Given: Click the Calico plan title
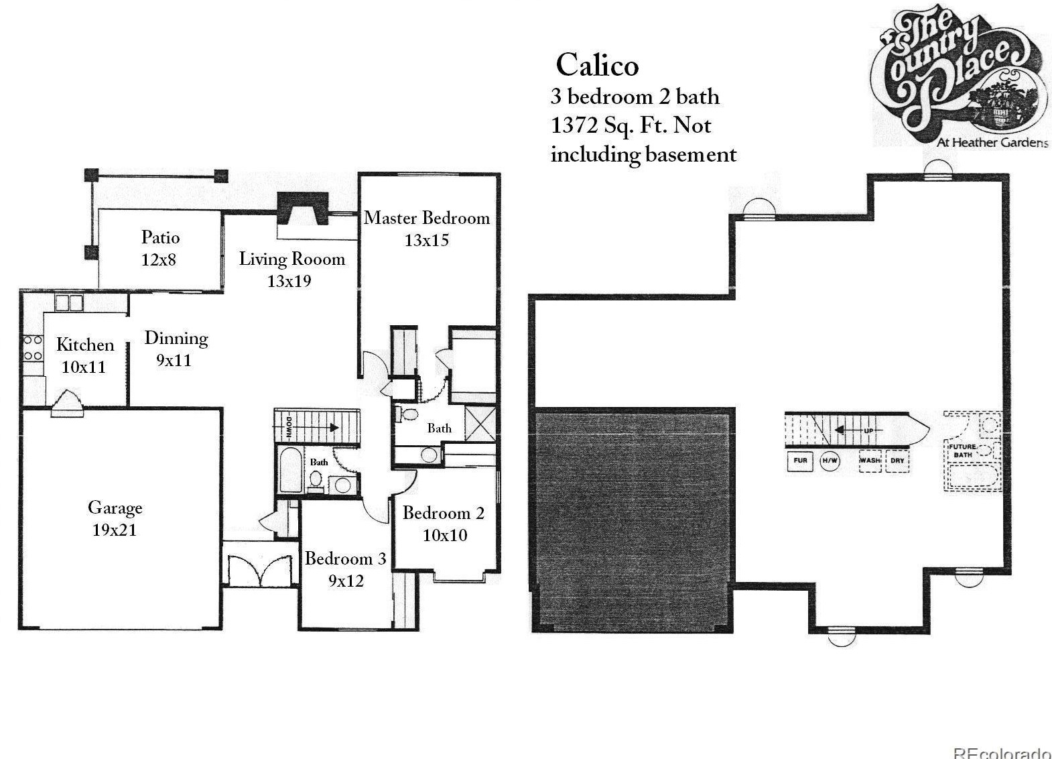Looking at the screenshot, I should coord(597,65).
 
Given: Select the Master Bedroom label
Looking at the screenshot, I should coord(426,218).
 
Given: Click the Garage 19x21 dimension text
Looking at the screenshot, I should coord(115,530).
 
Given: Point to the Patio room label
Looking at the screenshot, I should coord(160,237).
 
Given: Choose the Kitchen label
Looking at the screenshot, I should coord(85,345).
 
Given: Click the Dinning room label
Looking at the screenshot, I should coord(176,338).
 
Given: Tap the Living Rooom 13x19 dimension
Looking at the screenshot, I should coord(289,281).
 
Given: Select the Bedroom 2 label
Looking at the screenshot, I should coord(443,514).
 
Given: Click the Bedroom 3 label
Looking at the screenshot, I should coord(345,559).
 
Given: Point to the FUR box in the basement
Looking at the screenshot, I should coord(800,461).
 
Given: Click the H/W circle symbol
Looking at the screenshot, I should coord(830,461).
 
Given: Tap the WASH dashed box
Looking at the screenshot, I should coord(870,461).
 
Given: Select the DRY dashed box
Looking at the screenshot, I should coord(897,461).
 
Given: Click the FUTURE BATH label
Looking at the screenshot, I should coord(962,451).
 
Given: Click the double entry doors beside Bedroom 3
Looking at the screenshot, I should coord(261,569).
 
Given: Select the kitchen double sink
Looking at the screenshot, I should coord(69,303).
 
